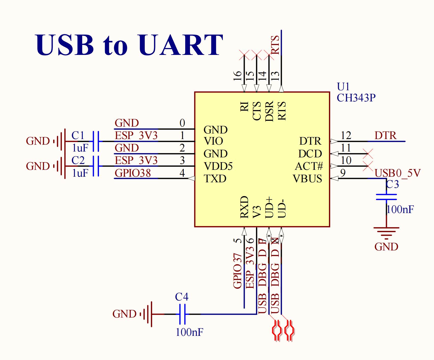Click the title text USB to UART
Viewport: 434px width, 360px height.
pos(129,45)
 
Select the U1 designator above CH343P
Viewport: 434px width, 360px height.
pos(343,87)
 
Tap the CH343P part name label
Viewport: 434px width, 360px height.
pos(356,98)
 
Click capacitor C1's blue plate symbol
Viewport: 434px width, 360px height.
pos(96,141)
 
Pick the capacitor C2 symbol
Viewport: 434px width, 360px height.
pos(96,166)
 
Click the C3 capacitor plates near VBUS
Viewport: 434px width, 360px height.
pos(386,197)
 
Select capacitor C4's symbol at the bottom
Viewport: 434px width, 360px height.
pos(182,314)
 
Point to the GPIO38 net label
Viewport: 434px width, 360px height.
pos(133,173)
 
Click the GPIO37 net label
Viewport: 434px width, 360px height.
pos(237,271)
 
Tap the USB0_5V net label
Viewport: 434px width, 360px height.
pos(397,173)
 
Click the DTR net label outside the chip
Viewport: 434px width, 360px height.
pos(385,136)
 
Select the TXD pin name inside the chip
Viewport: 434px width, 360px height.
pos(215,178)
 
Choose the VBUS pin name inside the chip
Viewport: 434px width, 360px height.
pos(307,178)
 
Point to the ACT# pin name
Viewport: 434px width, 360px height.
pos(309,166)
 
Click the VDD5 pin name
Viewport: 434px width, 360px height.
pos(218,166)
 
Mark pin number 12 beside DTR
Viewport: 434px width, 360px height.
pos(346,136)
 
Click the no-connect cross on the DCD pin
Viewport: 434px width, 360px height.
pos(368,154)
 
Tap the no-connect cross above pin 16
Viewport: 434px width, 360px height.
pos(244,55)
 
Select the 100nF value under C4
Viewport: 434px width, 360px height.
pos(189,332)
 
